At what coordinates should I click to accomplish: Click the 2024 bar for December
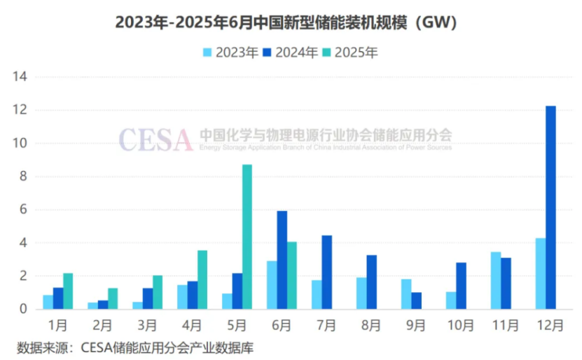550,207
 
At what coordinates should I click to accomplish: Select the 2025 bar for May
247,237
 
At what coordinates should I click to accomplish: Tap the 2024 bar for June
282,260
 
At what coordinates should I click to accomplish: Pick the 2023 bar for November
496,280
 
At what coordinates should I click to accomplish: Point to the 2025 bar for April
202,279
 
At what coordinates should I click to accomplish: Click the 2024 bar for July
326,272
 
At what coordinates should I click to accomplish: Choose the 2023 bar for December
540,273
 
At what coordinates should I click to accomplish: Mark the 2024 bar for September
416,300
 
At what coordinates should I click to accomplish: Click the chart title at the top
291,23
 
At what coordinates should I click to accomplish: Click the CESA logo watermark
155,139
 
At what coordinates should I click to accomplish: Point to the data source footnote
135,347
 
